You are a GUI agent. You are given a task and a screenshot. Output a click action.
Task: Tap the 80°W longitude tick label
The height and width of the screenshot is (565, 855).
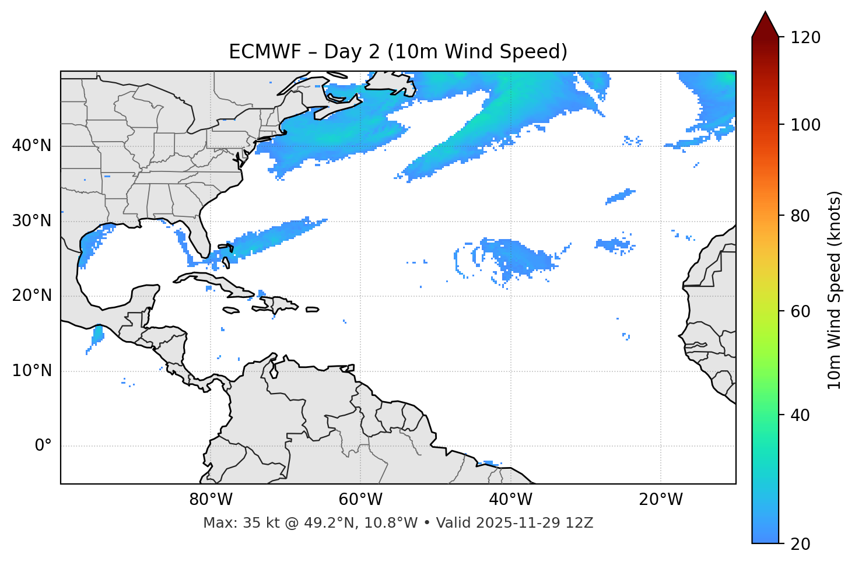211,500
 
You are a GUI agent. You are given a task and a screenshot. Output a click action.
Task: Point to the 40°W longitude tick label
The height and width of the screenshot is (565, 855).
510,500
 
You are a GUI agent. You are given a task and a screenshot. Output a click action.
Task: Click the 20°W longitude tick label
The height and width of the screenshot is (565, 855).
661,500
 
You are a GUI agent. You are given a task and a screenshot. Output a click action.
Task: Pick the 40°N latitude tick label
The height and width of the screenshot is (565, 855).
31,146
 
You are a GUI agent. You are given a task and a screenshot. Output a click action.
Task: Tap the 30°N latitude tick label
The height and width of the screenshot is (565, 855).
31,221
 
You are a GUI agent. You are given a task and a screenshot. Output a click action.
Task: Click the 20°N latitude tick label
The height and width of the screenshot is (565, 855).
31,296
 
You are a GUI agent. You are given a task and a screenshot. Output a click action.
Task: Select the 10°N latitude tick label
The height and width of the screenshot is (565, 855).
31,371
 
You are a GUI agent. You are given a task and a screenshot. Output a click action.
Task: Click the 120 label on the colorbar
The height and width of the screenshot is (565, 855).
805,38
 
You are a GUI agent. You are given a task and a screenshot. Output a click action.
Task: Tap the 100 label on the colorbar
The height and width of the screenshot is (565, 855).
805,125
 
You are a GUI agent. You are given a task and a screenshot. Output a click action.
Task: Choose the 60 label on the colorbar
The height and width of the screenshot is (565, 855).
801,311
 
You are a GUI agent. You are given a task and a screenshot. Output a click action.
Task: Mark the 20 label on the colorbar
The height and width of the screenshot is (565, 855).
801,544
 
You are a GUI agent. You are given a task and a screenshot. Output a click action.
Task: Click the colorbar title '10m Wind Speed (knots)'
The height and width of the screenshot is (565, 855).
835,290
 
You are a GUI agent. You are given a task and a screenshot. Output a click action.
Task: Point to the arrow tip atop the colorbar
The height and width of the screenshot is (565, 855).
765,13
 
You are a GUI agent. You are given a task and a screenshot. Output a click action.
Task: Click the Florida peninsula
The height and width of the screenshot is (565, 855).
201,239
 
